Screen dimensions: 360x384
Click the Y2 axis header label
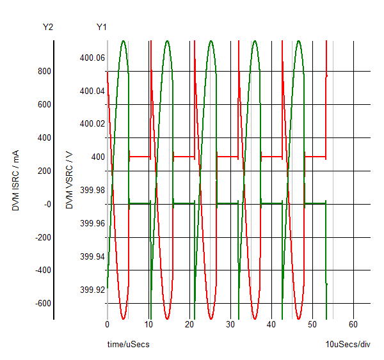click(48, 27)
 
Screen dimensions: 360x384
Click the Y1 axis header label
click(102, 27)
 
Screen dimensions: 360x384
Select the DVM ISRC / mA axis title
click(16, 181)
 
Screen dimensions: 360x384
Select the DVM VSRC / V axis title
click(70, 181)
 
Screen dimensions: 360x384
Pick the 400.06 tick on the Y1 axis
click(92, 58)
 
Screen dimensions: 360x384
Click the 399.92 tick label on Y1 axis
click(92, 290)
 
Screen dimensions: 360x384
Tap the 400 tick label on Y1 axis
click(98, 157)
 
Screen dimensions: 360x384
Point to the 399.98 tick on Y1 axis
click(92, 190)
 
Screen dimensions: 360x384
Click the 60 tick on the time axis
click(353, 325)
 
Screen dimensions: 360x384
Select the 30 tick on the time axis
click(230, 325)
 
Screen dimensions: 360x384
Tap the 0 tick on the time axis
click(108, 325)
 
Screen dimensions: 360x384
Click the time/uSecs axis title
click(128, 345)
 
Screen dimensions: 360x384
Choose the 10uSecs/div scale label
click(348, 345)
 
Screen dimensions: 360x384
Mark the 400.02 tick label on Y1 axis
click(92, 123)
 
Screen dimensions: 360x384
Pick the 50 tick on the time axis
click(312, 325)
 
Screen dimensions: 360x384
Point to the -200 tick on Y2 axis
click(42, 237)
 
